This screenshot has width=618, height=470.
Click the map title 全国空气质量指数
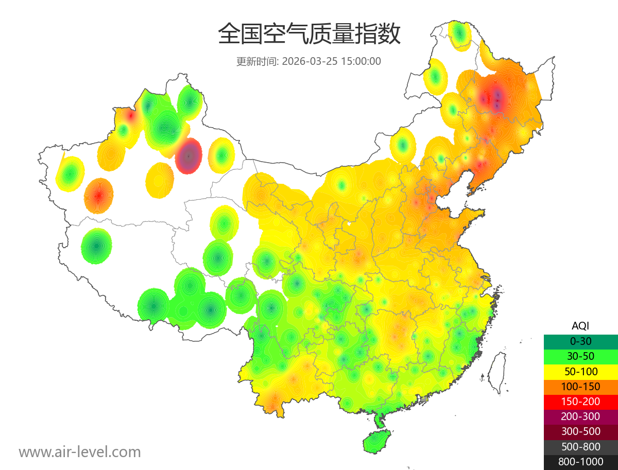[x=309, y=34]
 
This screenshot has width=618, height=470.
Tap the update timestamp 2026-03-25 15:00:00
[x=331, y=61]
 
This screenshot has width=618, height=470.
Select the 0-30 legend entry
[x=580, y=341]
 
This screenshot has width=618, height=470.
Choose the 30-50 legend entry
[x=580, y=356]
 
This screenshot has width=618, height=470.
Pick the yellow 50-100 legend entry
[x=580, y=371]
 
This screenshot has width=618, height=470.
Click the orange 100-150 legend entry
[x=580, y=387]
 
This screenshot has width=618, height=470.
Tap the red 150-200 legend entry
[x=580, y=402]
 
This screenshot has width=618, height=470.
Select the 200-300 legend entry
[x=580, y=416]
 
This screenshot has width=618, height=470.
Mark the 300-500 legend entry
[x=580, y=431]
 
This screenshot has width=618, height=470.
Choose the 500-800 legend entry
[x=580, y=447]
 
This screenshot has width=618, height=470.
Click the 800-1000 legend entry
[x=580, y=462]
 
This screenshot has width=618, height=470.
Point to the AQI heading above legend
[x=580, y=326]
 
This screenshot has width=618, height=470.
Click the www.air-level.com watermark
[x=80, y=452]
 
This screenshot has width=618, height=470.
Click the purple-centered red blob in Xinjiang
[x=188, y=155]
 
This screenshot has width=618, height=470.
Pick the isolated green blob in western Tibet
[x=96, y=246]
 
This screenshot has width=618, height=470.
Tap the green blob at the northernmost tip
[x=459, y=34]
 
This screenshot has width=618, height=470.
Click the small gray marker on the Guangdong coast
[x=424, y=399]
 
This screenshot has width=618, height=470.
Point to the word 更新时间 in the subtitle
[x=256, y=61]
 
